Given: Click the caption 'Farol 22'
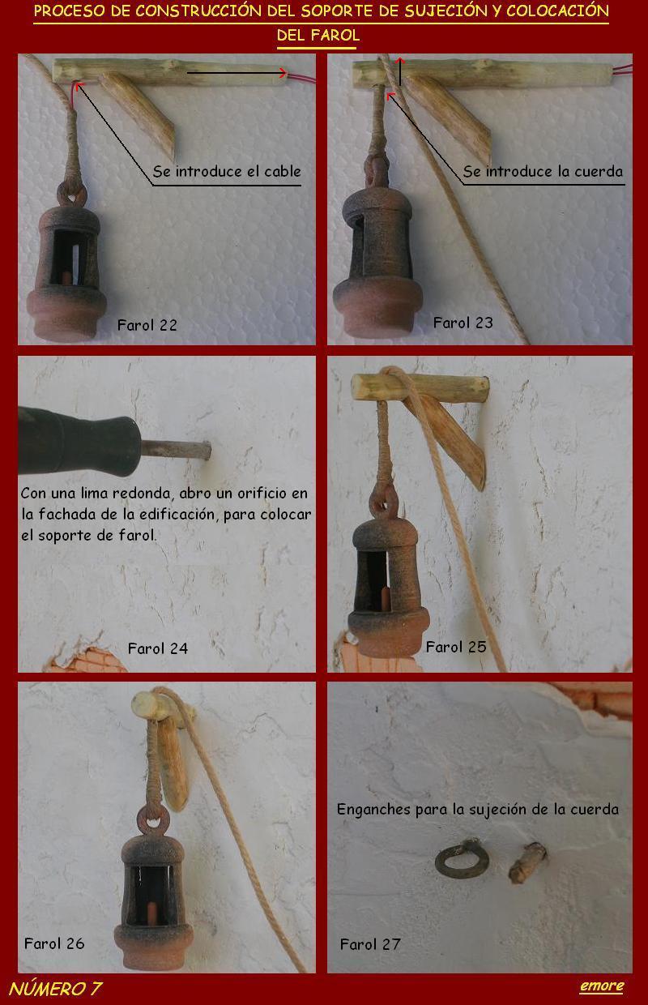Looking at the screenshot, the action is [147, 325].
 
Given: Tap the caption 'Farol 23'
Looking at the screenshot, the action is [463, 323].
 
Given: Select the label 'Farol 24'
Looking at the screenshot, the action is [158, 648].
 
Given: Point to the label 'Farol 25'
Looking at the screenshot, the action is [455, 647].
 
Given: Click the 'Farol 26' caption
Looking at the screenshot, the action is [54, 943].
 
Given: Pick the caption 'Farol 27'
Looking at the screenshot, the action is [370, 944].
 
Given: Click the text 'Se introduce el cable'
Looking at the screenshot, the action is [227, 171].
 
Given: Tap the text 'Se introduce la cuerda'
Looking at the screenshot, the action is [543, 171].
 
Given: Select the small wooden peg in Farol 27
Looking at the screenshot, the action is [527, 862].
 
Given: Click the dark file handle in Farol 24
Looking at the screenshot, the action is [79, 441].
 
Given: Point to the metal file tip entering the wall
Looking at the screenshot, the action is [177, 450].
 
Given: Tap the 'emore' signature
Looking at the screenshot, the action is [601, 986].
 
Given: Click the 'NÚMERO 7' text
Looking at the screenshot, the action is [55, 989].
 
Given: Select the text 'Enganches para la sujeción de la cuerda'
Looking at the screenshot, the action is [478, 809].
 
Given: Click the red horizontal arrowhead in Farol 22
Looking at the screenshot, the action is [283, 72].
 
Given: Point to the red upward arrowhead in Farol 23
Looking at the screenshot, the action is [400, 60].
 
